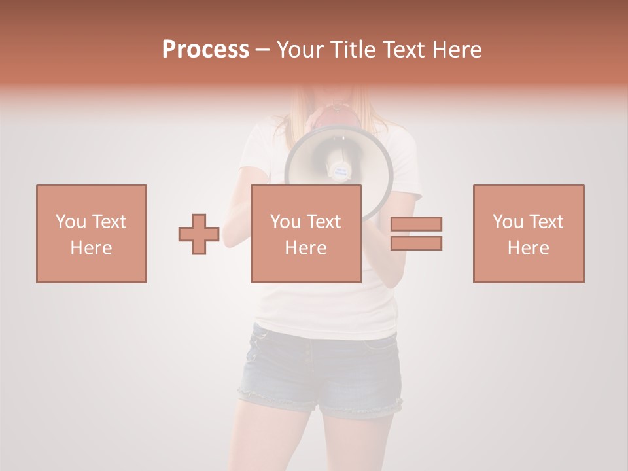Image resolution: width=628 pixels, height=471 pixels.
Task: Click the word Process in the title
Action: coord(205,50)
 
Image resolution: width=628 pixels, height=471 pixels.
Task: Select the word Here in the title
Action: coord(457,50)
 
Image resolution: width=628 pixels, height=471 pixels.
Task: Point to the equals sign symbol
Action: coord(416,234)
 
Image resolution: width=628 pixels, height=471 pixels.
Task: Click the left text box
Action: coord(92,234)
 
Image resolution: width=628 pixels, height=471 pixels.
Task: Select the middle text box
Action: coord(305,234)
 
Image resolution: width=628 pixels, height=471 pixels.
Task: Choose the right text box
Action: coord(528,234)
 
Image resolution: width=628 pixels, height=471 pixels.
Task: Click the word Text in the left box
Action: coord(109,222)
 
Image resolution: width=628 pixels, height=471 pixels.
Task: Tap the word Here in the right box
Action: coord(528,248)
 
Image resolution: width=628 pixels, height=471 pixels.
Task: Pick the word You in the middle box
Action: coord(285,222)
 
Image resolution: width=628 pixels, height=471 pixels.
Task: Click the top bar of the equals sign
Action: coord(416,224)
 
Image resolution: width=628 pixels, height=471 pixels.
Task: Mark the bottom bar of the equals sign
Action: coord(416,243)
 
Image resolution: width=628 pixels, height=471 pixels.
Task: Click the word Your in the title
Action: coord(300,50)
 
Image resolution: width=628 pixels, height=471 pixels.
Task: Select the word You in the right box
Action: coord(508,222)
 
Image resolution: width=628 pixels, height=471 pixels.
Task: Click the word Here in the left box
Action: coord(92,248)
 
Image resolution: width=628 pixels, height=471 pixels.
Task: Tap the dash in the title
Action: coord(263,50)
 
